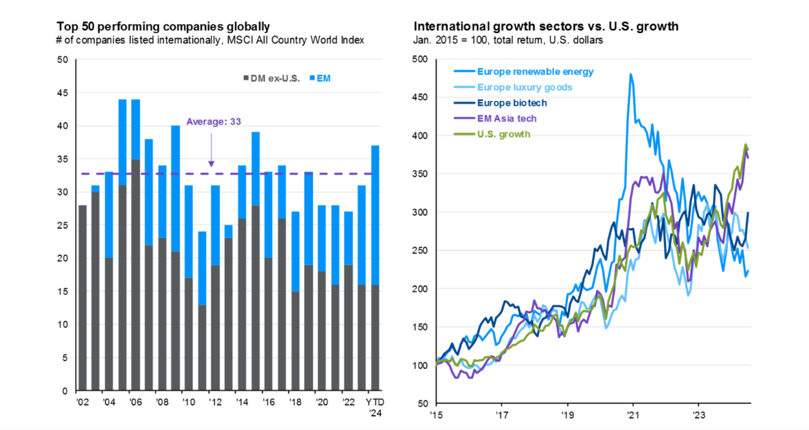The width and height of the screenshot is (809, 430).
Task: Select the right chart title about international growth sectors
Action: tap(546, 27)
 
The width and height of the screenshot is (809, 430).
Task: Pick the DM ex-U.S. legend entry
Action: tap(270, 79)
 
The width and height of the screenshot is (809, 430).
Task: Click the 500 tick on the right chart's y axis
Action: tap(420, 60)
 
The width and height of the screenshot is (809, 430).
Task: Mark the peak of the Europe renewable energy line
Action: tap(630, 74)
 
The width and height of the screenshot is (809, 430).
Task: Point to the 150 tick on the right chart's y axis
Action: tap(420, 327)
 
